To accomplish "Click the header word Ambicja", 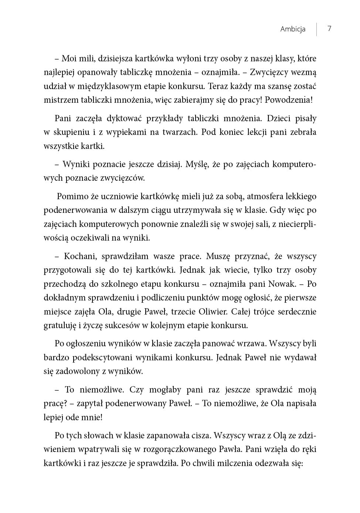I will pos(293,29).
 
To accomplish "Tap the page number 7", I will pos(329,29).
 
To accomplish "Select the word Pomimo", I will pos(73,196).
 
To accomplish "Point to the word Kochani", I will pos(80,256).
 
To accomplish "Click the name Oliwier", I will pos(213,312).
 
